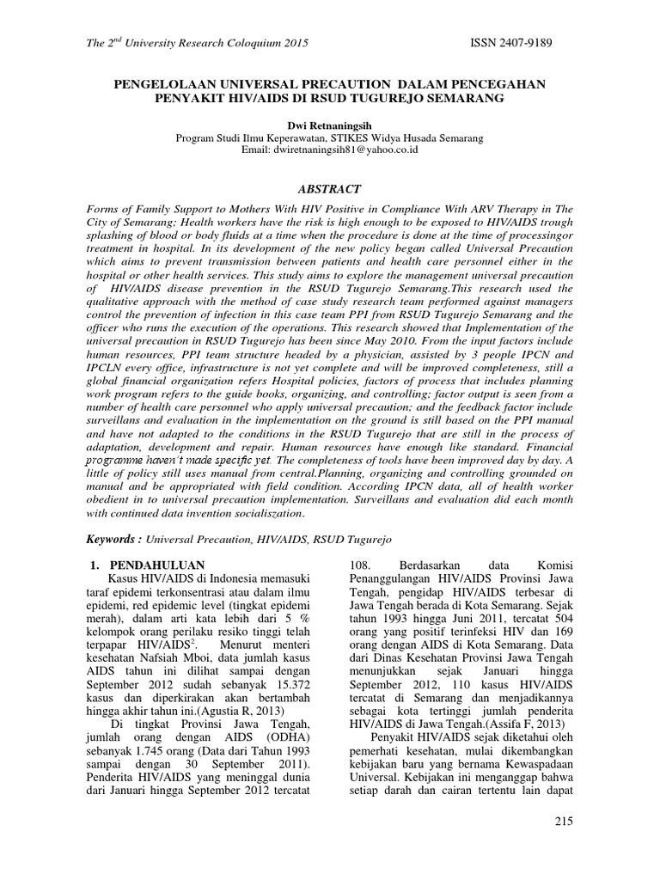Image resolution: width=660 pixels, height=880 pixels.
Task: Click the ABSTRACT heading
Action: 329,189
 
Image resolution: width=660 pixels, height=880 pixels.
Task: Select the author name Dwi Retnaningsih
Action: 329,124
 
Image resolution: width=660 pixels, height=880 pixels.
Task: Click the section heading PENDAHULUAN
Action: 160,565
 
